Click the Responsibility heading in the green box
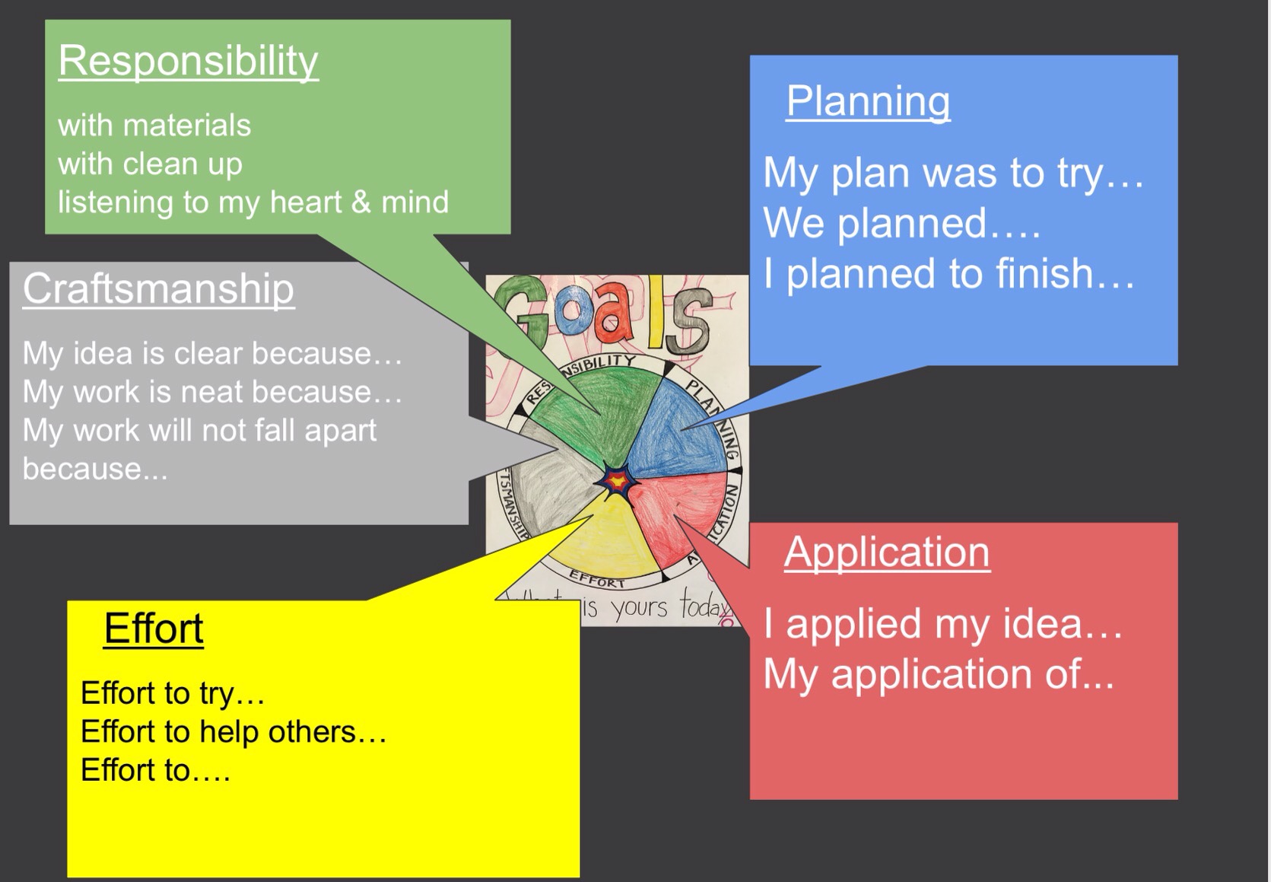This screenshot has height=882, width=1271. [x=188, y=61]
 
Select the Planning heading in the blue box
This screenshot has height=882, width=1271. [x=868, y=101]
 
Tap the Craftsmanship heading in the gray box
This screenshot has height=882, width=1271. [x=158, y=289]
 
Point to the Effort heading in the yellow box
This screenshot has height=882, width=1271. [x=154, y=629]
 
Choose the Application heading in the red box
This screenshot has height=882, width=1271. [x=887, y=552]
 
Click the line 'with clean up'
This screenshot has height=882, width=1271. [x=150, y=164]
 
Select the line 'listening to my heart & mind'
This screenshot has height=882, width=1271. [x=253, y=202]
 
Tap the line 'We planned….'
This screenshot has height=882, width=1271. [x=901, y=223]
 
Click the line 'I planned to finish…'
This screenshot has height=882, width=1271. [x=948, y=273]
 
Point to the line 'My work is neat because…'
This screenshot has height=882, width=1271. [x=212, y=392]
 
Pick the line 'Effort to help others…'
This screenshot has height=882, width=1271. [x=234, y=732]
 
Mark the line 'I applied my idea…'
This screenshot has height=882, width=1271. [x=942, y=623]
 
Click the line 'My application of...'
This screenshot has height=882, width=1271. [x=939, y=674]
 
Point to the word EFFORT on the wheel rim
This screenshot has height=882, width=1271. [x=598, y=580]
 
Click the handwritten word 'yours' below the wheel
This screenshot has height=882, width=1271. [x=639, y=608]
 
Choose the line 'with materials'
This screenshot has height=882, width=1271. [x=154, y=126]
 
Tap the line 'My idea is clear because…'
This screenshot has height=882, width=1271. [x=212, y=354]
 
